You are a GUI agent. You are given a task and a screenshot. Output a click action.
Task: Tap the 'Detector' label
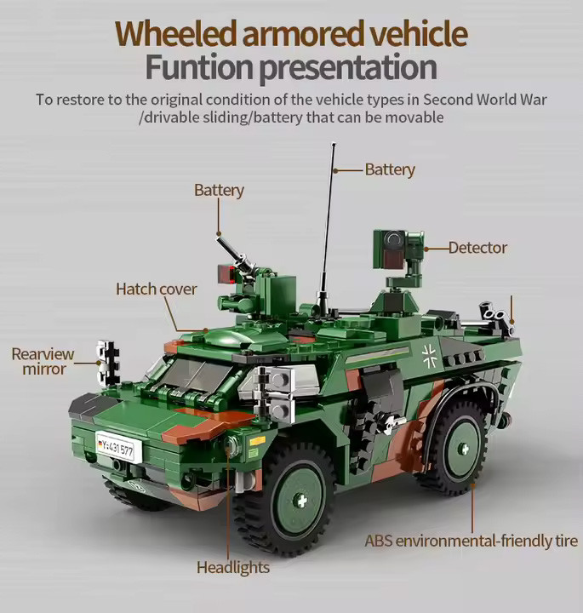click(x=477, y=248)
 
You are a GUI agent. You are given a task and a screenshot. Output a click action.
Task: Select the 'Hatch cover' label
click(x=156, y=289)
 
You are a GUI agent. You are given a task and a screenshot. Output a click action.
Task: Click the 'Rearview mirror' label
click(x=43, y=362)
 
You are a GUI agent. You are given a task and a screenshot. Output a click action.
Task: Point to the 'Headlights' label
click(x=233, y=567)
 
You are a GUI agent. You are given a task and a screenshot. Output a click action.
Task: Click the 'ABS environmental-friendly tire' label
click(x=471, y=541)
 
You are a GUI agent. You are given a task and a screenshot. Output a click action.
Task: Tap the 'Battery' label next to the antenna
click(x=390, y=169)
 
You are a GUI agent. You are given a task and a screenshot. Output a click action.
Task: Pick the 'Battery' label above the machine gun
click(x=219, y=190)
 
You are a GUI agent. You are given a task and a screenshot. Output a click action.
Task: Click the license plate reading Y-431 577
click(x=116, y=446)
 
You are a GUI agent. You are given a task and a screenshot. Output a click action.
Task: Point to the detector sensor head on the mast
click(x=388, y=248)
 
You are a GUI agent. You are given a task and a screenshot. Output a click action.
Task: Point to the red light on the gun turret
click(x=226, y=274)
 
